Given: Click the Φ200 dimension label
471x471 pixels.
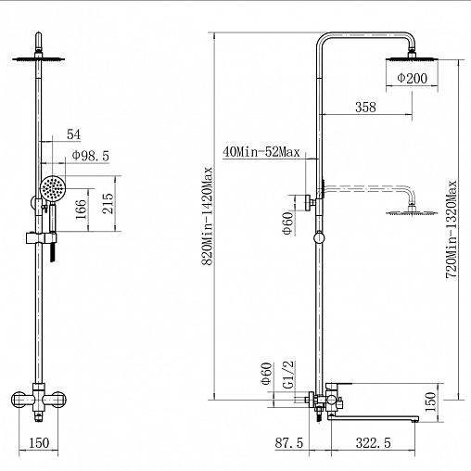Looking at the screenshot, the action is pos(412,78).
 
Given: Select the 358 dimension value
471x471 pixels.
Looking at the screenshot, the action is pos(365,107).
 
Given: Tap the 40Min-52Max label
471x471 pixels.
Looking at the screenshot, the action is pos(261,152).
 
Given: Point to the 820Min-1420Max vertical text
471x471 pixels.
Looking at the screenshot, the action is pos(207,216).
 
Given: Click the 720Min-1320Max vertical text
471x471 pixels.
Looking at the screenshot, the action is pos(452,229).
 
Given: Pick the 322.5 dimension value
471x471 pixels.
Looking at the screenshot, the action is pos(374,443).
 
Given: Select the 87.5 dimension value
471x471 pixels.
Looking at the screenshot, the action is pos(289,443).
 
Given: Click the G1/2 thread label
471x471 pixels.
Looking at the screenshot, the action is pos(288,375).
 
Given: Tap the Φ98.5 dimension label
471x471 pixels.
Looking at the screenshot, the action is pos(91,156).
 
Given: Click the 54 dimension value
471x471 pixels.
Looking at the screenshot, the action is pos(73,134).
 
